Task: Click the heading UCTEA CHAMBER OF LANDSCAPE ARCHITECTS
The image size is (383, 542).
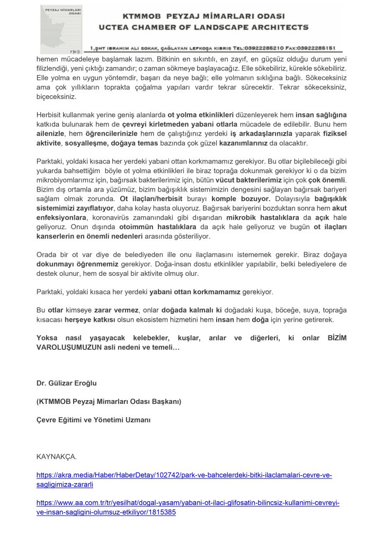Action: [x=203, y=26]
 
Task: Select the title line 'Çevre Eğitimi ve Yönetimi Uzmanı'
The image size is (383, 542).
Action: [x=93, y=420]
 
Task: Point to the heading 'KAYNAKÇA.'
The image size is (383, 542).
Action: [x=57, y=456]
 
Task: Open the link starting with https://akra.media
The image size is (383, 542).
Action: [x=184, y=475]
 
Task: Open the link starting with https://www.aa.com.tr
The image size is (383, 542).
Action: [x=188, y=503]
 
